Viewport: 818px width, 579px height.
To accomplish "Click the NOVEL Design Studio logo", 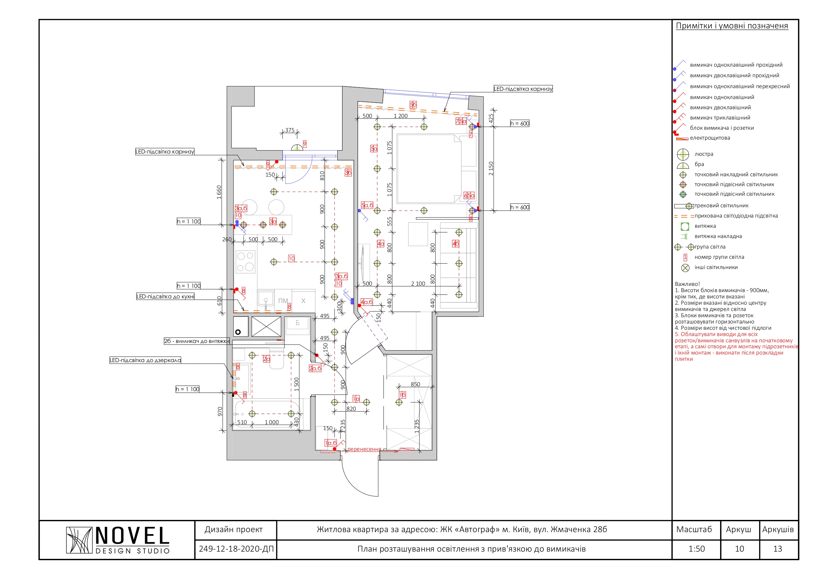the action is pyautogui.click(x=118, y=540).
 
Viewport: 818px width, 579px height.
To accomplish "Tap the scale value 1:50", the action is pyautogui.click(x=697, y=549).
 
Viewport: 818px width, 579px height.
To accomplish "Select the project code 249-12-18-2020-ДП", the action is pyautogui.click(x=236, y=549).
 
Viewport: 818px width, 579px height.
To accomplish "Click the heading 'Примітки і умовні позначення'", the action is pyautogui.click(x=732, y=26).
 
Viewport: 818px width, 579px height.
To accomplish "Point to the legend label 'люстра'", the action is pyautogui.click(x=704, y=154).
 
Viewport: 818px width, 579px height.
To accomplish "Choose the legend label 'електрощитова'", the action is pyautogui.click(x=710, y=138).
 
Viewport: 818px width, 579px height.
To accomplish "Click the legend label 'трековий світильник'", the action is pyautogui.click(x=721, y=205).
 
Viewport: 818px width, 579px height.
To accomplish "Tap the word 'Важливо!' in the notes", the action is pyautogui.click(x=687, y=284).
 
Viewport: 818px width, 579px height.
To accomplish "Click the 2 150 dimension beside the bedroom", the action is pyautogui.click(x=491, y=168).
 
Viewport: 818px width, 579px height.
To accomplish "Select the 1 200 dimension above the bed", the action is pyautogui.click(x=401, y=116).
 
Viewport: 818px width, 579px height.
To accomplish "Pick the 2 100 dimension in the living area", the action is pyautogui.click(x=418, y=284).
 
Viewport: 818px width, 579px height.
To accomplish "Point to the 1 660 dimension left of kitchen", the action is pyautogui.click(x=219, y=192).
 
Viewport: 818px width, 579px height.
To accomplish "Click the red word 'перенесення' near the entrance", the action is pyautogui.click(x=364, y=449).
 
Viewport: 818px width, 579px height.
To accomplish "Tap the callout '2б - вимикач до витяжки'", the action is pyautogui.click(x=197, y=341).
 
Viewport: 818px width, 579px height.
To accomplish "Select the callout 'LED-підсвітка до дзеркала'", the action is pyautogui.click(x=145, y=360).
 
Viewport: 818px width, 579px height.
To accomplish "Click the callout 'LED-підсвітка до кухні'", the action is pyautogui.click(x=165, y=296).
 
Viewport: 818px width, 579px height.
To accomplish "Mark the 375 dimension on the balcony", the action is pyautogui.click(x=290, y=130).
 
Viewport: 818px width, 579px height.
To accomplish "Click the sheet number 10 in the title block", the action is pyautogui.click(x=740, y=549).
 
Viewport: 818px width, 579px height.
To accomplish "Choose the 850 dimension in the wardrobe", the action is pyautogui.click(x=415, y=384).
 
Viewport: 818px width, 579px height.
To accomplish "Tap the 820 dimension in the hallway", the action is pyautogui.click(x=351, y=409).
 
